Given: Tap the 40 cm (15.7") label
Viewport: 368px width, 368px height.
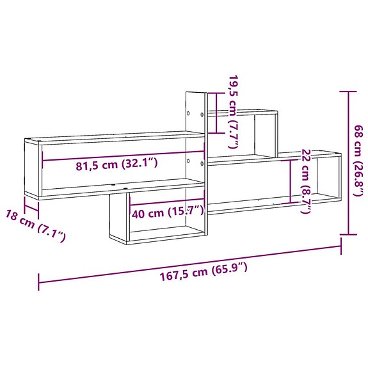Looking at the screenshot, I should pyautogui.click(x=168, y=212).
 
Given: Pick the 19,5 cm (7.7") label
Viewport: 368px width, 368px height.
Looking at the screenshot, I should pyautogui.click(x=233, y=115).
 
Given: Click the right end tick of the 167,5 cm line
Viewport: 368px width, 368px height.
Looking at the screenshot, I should pyautogui.click(x=340, y=246).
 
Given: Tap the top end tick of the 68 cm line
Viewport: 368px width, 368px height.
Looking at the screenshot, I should pyautogui.click(x=348, y=92).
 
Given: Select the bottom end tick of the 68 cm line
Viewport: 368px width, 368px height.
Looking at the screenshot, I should pyautogui.click(x=348, y=234).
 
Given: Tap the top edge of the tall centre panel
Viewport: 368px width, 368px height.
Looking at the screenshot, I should pyautogui.click(x=195, y=92).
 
